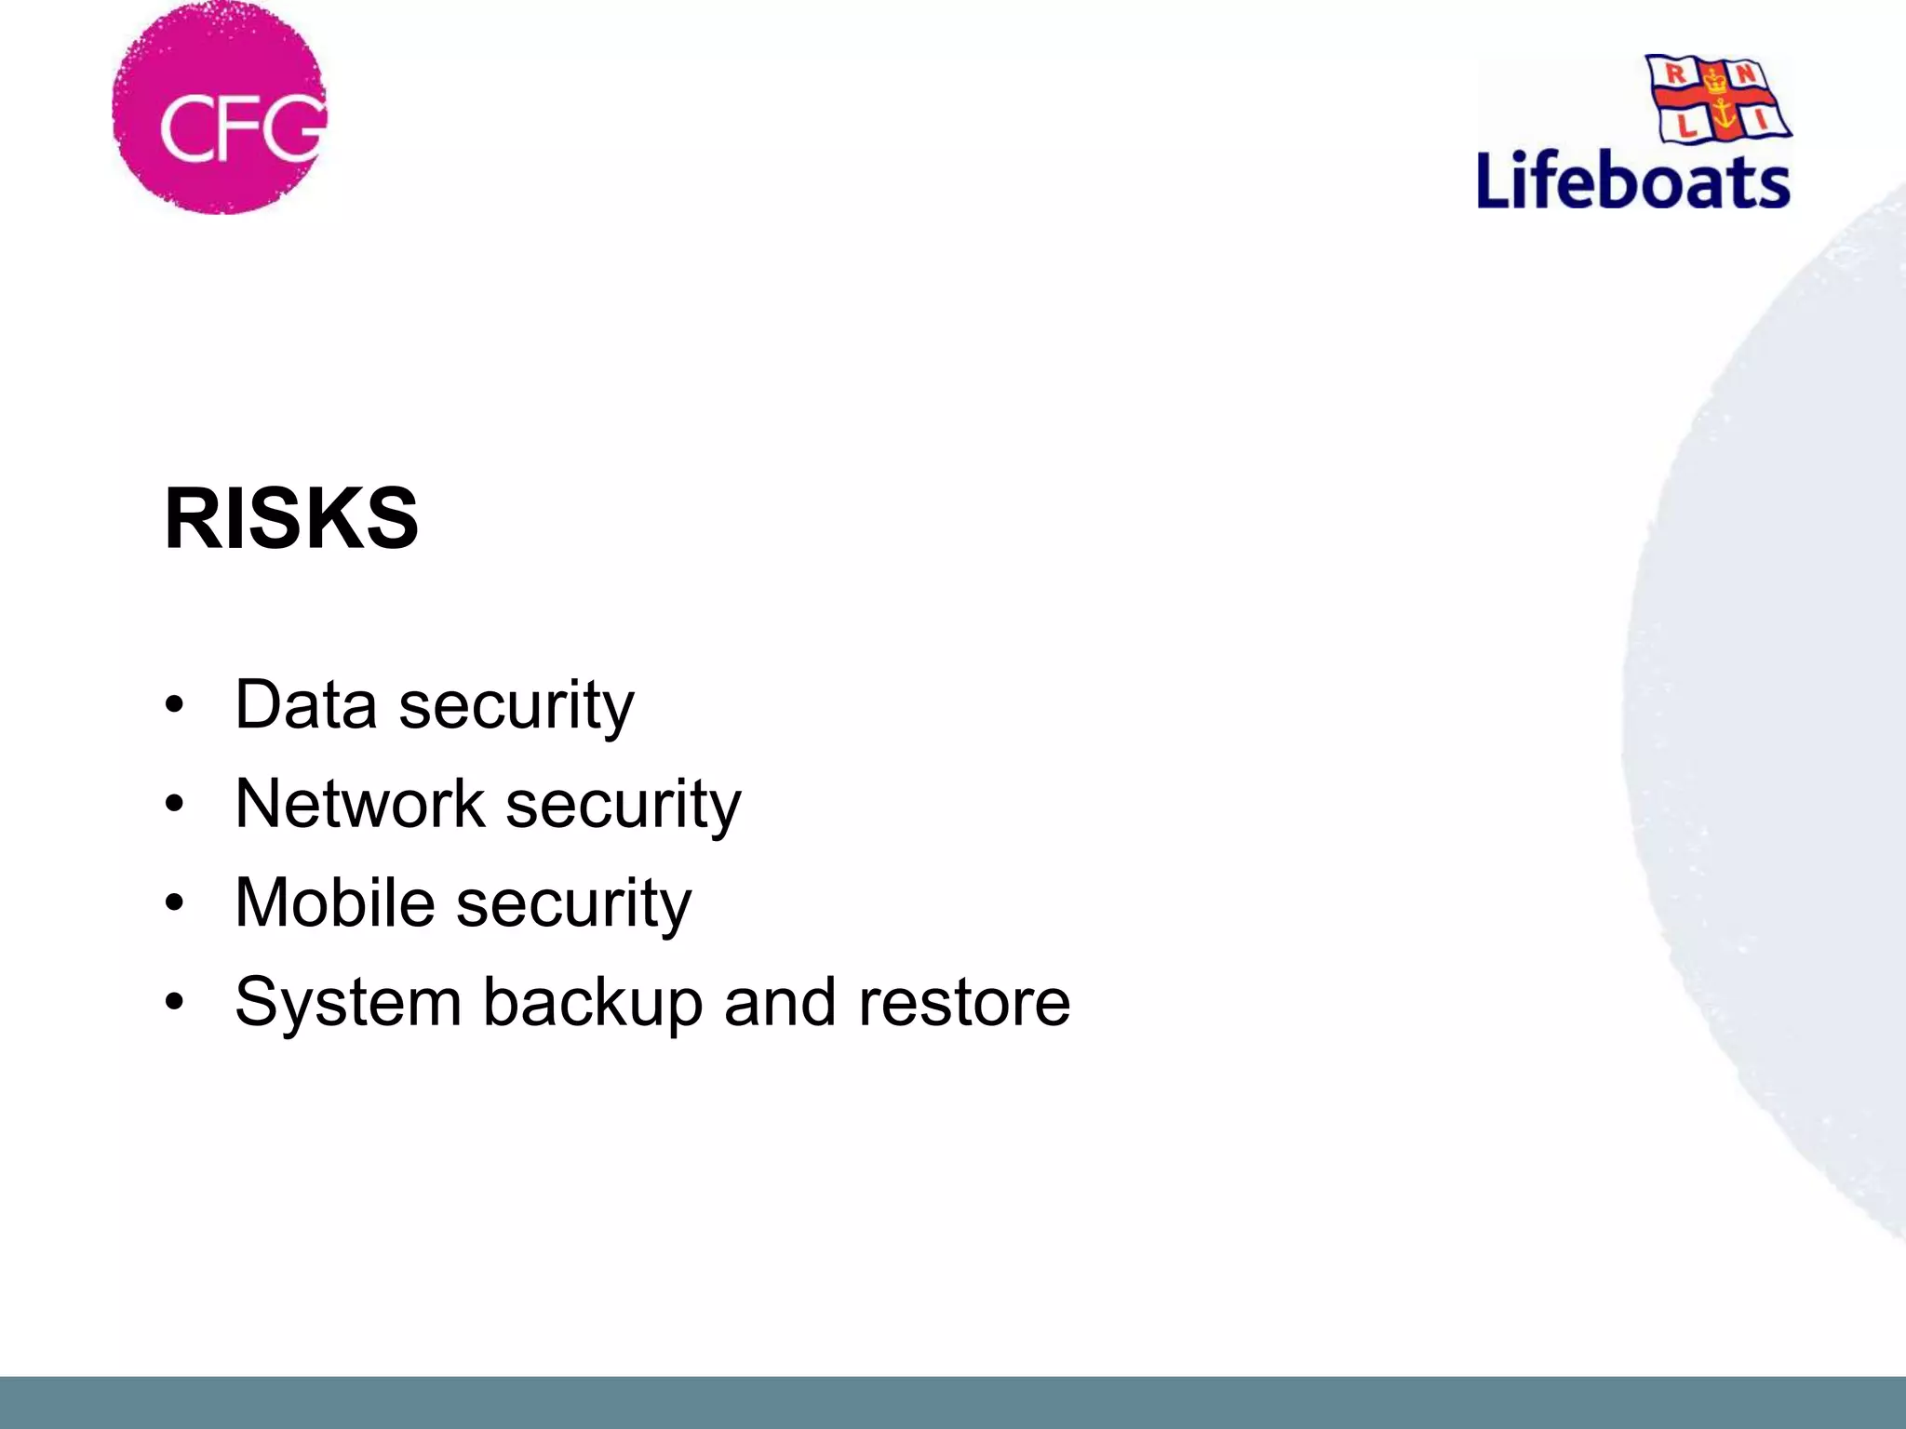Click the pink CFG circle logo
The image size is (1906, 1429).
[x=220, y=108]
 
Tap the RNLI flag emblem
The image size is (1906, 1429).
[x=1718, y=99]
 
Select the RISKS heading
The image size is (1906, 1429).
[x=291, y=518]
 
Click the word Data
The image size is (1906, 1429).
[x=306, y=704]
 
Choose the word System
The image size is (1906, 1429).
[x=348, y=1002]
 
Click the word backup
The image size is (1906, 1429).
[x=592, y=1002]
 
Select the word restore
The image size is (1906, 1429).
[x=964, y=1002]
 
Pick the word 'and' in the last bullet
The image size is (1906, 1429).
[x=780, y=1002]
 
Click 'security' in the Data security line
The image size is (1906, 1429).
[x=517, y=706]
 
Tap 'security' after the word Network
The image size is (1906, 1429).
[x=624, y=805]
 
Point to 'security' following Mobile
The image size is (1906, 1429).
[x=574, y=903]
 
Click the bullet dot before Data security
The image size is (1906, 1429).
[x=174, y=705]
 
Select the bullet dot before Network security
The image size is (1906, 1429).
[x=174, y=804]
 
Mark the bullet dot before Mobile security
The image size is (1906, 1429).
[x=174, y=902]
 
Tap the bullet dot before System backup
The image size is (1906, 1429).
[x=174, y=1002]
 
